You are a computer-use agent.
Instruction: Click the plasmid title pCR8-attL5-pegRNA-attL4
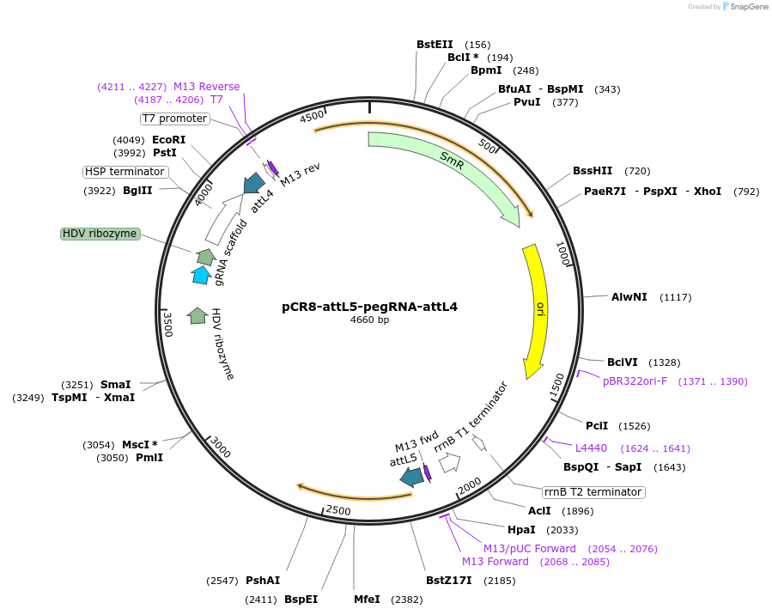coord(369,307)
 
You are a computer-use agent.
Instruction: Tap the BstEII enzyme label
coord(435,45)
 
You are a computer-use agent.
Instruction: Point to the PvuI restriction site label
coord(526,102)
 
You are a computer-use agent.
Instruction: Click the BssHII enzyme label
coord(593,171)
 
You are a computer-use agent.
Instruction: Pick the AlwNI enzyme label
coord(629,297)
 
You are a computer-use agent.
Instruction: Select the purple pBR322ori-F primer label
coord(635,381)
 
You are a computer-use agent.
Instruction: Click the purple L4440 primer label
coord(591,448)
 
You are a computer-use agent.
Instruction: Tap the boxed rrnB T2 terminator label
coord(593,492)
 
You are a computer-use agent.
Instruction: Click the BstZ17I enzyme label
coord(449,581)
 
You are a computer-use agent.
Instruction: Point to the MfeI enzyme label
coord(367,599)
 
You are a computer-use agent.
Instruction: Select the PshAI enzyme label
coord(263,581)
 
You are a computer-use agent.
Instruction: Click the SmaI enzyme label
coord(116,385)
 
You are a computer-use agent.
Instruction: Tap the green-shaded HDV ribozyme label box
coord(100,234)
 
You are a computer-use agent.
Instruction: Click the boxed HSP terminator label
coord(125,172)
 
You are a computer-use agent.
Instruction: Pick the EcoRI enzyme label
coord(168,140)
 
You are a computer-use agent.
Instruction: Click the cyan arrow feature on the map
coord(201,275)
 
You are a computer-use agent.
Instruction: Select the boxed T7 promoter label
coord(174,119)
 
